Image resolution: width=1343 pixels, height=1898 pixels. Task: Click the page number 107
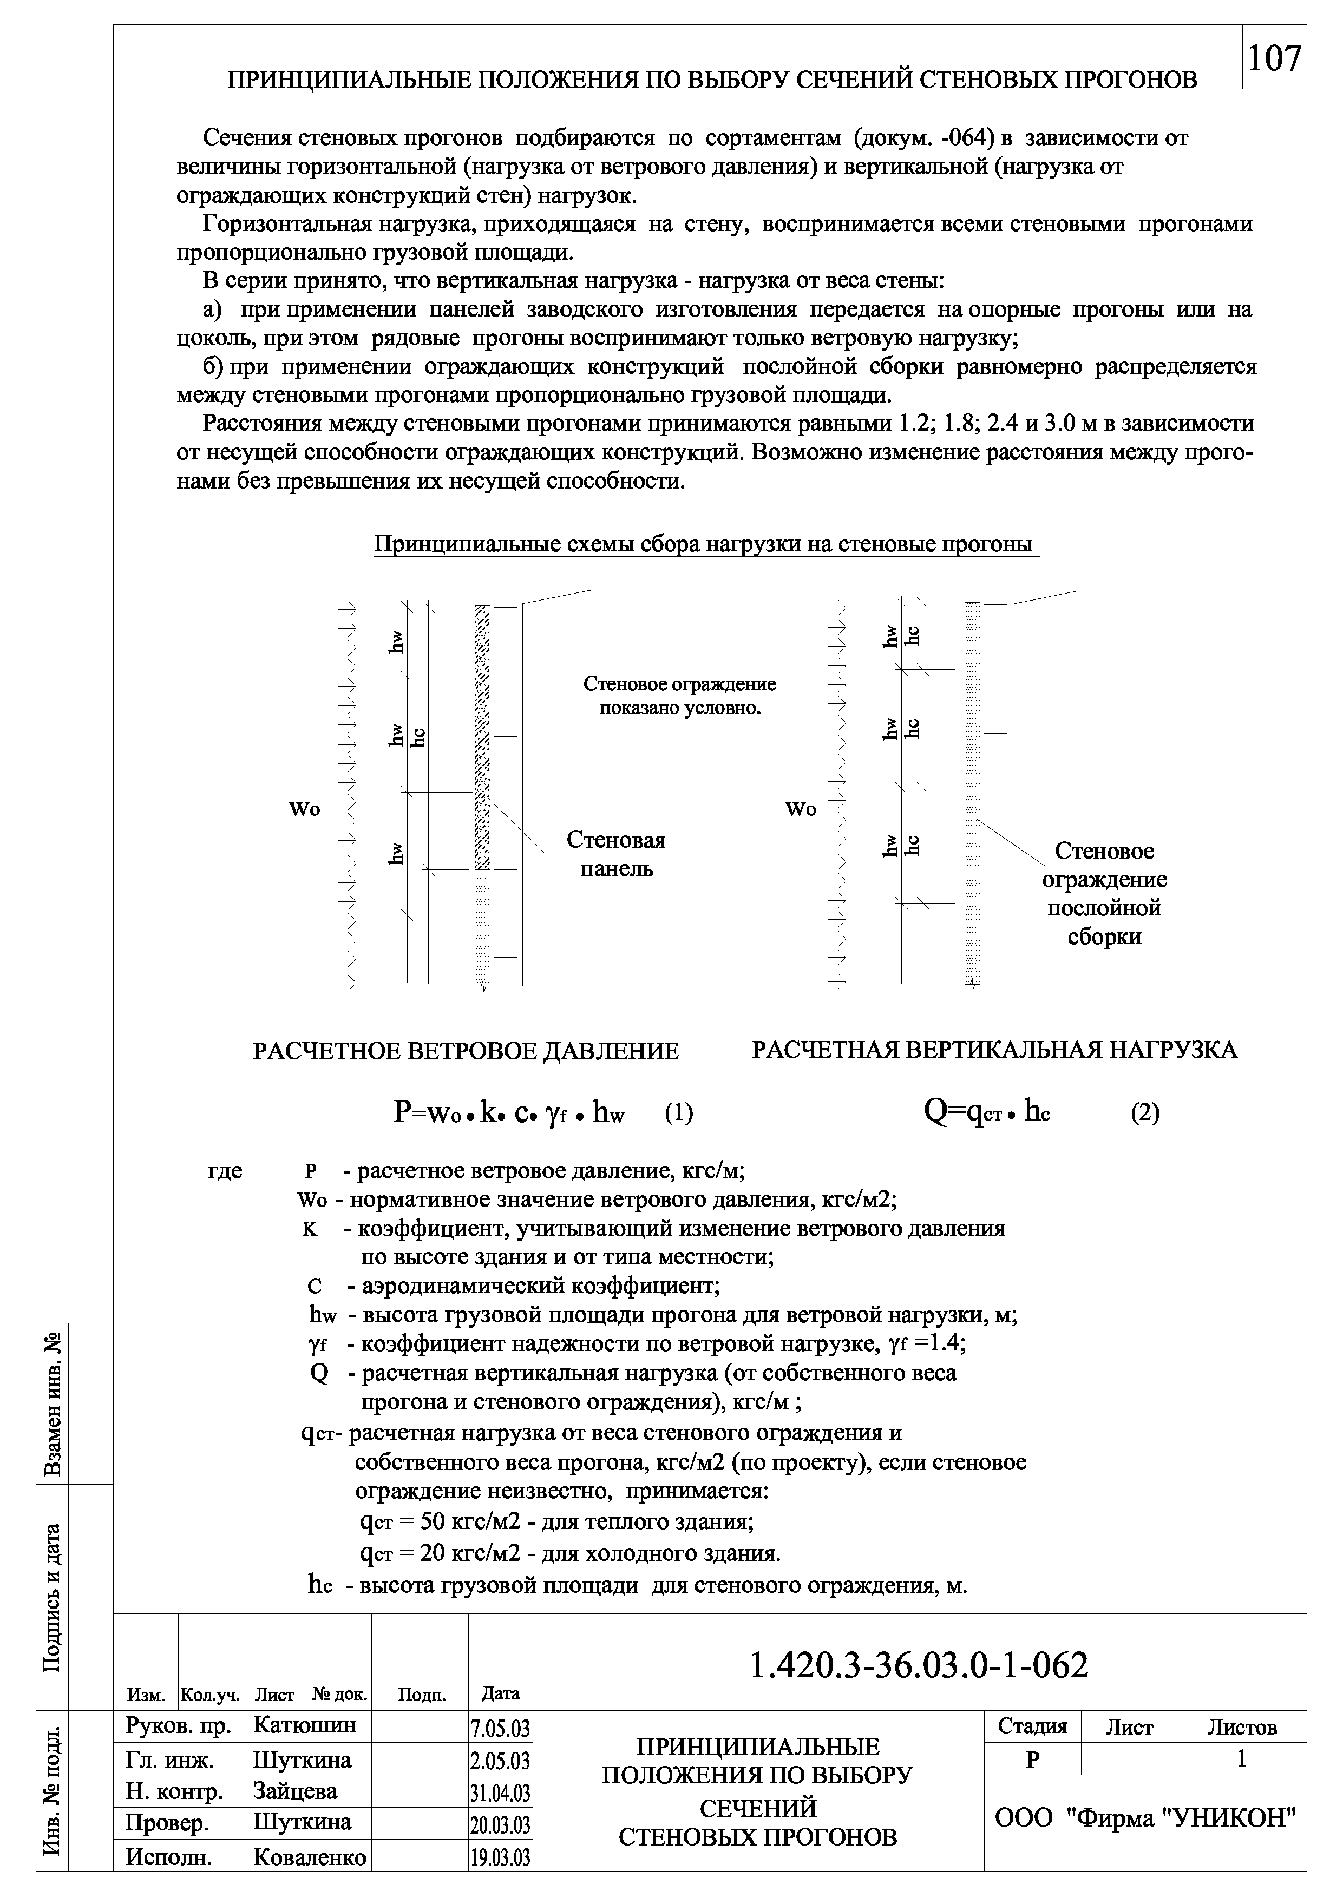click(1274, 58)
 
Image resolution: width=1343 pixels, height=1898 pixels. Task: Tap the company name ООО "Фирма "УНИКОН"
click(1144, 1818)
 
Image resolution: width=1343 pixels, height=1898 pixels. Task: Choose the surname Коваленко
click(309, 1857)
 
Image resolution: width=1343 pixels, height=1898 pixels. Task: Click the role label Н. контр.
click(174, 1792)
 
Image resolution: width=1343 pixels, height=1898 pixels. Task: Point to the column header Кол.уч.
click(210, 1695)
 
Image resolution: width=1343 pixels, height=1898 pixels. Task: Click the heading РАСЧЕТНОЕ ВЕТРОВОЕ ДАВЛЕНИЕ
click(466, 1051)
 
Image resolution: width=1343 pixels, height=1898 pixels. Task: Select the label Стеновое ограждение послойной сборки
click(1104, 894)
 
